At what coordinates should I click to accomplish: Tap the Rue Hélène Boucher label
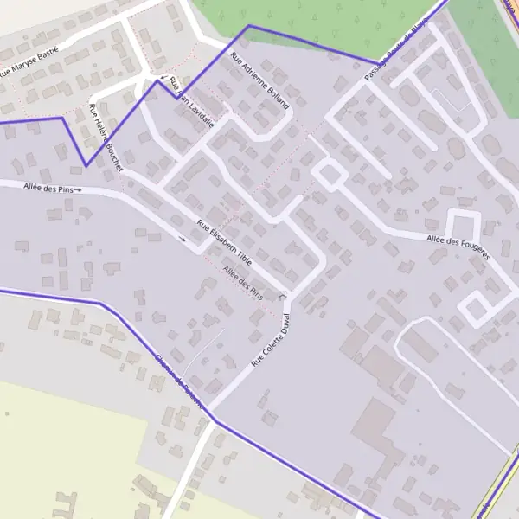tap(106, 137)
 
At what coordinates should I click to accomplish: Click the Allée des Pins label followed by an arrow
tap(48, 188)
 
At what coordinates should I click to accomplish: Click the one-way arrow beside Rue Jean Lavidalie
tap(163, 78)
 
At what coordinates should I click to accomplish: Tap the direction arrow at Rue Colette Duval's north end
tap(283, 297)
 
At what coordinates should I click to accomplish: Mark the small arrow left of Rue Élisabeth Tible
tap(182, 238)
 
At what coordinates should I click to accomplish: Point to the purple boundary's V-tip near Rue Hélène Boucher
tap(85, 165)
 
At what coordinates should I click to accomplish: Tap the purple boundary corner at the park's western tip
tap(248, 26)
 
